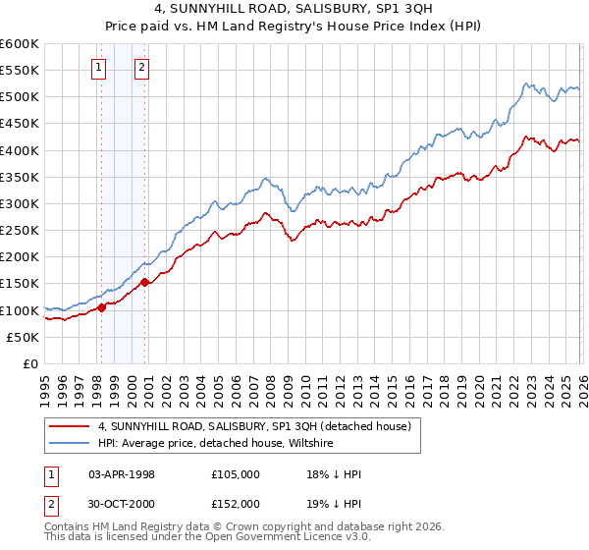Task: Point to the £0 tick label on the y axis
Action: tap(30, 363)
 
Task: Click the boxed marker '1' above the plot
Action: tap(100, 68)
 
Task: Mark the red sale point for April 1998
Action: tap(101, 307)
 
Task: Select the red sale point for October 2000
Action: tap(145, 283)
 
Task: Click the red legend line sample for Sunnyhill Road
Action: tap(69, 425)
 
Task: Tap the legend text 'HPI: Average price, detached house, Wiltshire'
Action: tap(215, 443)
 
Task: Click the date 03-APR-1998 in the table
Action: tap(122, 474)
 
